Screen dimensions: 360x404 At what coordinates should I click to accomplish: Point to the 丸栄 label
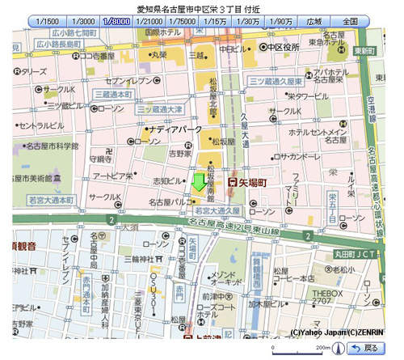(157, 56)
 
